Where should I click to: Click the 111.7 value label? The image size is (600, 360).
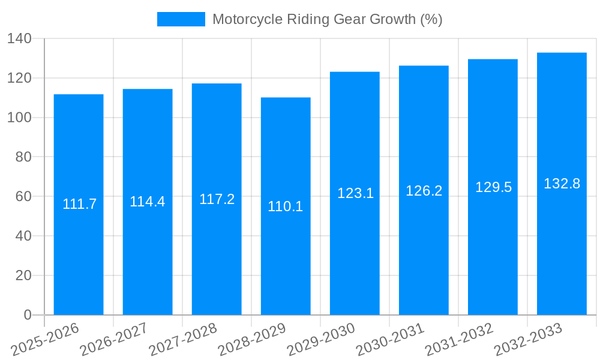[x=79, y=204]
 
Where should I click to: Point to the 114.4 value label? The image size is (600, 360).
[x=147, y=202]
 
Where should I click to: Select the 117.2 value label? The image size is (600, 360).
[x=217, y=199]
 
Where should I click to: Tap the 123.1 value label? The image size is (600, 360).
[x=355, y=193]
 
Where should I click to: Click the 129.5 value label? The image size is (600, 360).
[x=493, y=187]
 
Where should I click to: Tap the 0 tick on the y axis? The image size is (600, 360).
[x=27, y=315]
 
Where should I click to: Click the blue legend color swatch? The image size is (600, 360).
[x=181, y=19]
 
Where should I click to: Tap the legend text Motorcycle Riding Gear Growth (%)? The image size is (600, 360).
[x=327, y=19]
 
